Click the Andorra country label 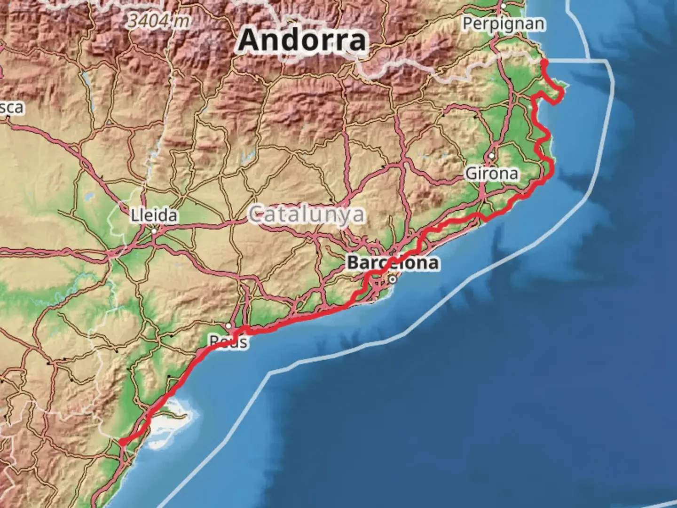(x=302, y=40)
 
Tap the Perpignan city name (x=504, y=24)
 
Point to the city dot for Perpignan (x=503, y=6)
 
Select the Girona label (x=492, y=174)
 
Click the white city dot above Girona (x=491, y=156)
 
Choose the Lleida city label (x=154, y=216)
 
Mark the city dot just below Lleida (x=154, y=231)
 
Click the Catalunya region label (x=307, y=214)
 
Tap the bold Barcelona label (x=393, y=262)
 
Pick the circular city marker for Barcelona (x=393, y=279)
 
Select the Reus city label (x=228, y=342)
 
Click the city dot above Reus (x=228, y=326)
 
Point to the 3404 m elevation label (x=159, y=21)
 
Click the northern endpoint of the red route (x=544, y=63)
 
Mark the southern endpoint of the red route (x=122, y=442)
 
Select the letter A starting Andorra (x=249, y=40)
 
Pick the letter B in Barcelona (x=354, y=262)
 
